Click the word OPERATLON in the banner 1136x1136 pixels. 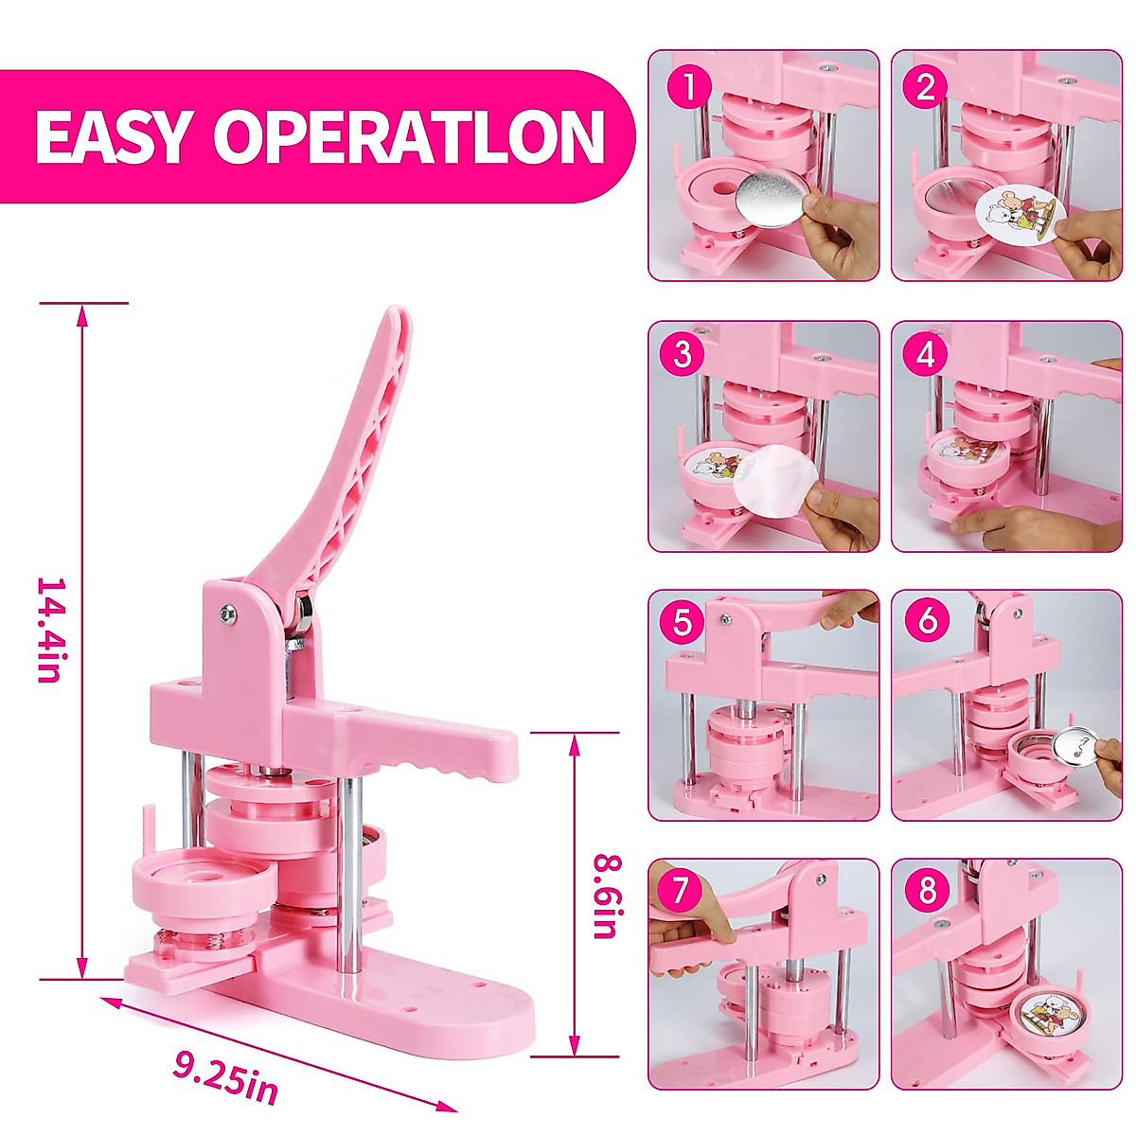tap(408, 136)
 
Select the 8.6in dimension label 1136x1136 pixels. tap(605, 896)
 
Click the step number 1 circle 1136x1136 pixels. tap(688, 87)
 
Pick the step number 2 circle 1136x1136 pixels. tap(926, 87)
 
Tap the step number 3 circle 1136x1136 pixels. tap(683, 355)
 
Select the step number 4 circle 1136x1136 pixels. tap(925, 355)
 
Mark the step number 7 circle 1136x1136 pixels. tap(683, 890)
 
